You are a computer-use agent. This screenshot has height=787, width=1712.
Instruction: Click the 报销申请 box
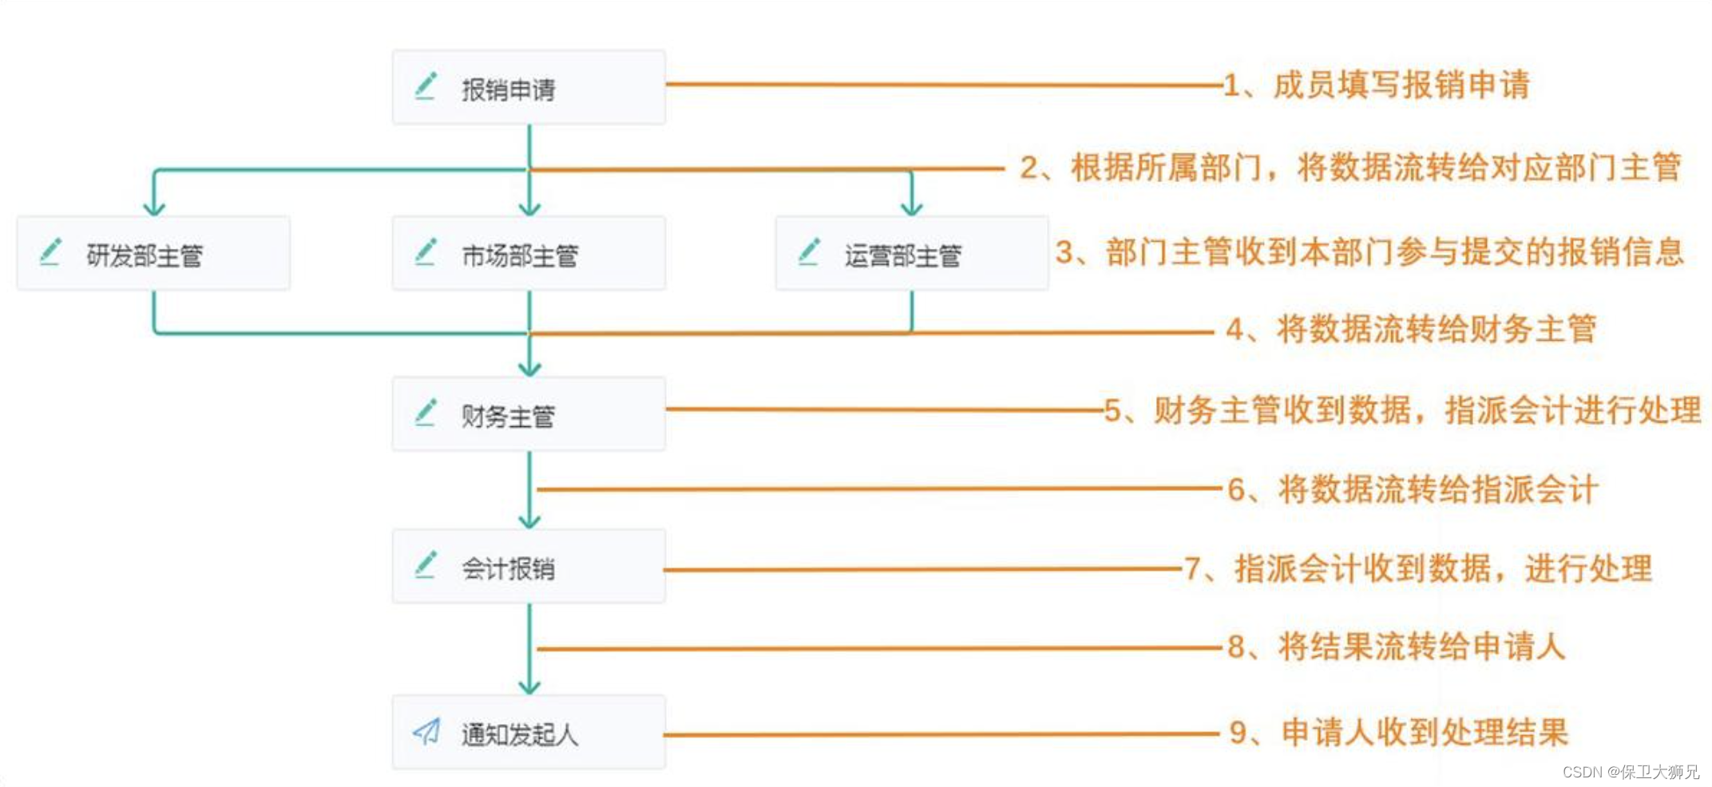click(529, 88)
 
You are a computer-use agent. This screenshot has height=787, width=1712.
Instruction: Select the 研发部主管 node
click(153, 254)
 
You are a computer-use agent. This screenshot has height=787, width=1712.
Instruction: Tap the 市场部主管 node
click(529, 254)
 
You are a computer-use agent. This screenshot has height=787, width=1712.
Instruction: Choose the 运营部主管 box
click(911, 254)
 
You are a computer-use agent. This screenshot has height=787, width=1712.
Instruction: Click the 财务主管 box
click(529, 414)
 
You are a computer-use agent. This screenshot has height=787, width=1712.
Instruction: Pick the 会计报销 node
click(529, 567)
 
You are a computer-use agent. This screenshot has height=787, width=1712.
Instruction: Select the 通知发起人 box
click(529, 733)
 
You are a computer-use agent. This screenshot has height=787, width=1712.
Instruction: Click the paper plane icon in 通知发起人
click(426, 730)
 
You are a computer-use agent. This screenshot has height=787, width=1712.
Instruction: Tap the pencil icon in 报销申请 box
click(426, 85)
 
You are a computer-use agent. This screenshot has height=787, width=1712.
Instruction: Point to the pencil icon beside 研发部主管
click(51, 251)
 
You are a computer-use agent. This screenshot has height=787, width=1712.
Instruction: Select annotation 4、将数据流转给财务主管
click(1411, 329)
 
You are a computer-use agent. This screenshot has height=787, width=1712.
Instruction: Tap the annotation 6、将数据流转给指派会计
click(1412, 489)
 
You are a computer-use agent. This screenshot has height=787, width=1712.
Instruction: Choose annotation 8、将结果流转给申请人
click(1396, 647)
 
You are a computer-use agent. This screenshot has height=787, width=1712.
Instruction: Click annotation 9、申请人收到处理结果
click(1399, 732)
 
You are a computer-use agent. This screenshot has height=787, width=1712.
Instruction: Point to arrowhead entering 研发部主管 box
click(154, 209)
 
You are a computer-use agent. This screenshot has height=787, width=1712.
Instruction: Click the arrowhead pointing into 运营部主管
click(911, 209)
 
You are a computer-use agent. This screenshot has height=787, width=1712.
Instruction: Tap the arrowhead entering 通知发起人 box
click(529, 687)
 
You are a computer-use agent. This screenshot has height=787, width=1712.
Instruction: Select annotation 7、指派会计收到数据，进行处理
click(1418, 569)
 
